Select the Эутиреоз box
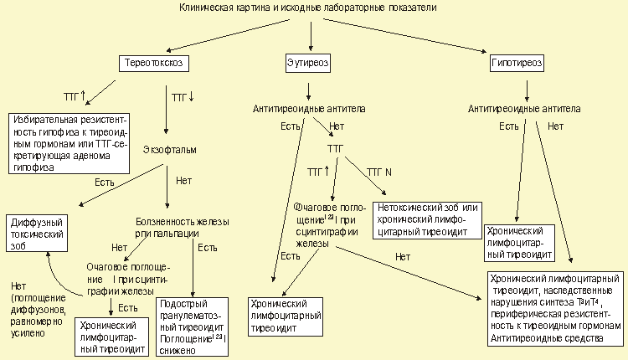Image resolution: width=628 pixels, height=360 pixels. (311, 63)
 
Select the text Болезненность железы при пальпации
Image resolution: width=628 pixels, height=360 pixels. (183, 227)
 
